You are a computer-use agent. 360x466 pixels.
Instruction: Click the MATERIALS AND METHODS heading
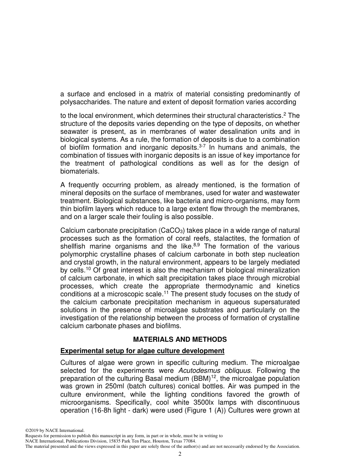[x=180, y=339]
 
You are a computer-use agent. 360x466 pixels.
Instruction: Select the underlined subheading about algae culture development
[x=142, y=351]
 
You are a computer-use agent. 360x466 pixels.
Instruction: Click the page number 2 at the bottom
[x=180, y=454]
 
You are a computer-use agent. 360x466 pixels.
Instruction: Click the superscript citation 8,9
[x=196, y=245]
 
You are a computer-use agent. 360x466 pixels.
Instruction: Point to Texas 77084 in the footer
[x=183, y=441]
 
